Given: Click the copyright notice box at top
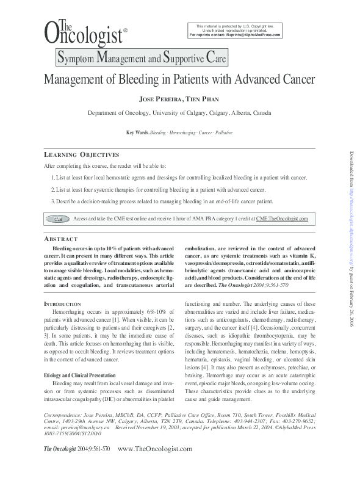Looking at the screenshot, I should click(x=235, y=30).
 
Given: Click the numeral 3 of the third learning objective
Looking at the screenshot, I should click(x=52, y=201).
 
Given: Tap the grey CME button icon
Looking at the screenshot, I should click(x=58, y=218).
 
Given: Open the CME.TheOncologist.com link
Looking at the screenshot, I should click(x=282, y=218).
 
